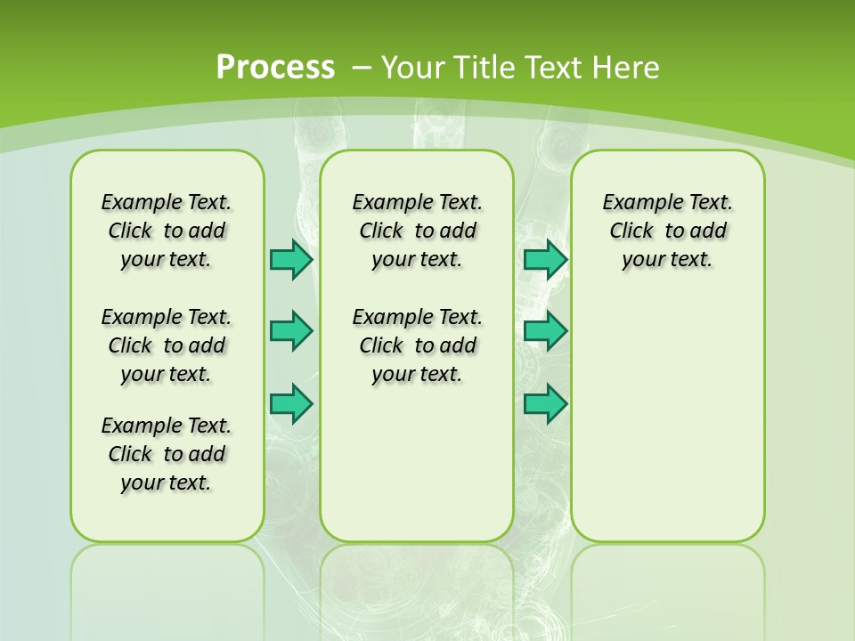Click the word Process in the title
click(275, 67)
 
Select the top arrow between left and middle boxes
click(291, 260)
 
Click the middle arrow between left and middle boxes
click(291, 331)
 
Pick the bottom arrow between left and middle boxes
click(291, 403)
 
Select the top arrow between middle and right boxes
click(545, 260)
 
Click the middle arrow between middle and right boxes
click(545, 331)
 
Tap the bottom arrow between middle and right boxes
click(545, 403)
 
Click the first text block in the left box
click(167, 231)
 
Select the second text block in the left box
click(167, 345)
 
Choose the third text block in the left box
click(167, 454)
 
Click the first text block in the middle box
click(417, 231)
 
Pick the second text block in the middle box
click(417, 345)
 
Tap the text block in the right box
click(667, 231)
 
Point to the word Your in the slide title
click(406, 67)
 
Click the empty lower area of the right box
click(667, 427)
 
